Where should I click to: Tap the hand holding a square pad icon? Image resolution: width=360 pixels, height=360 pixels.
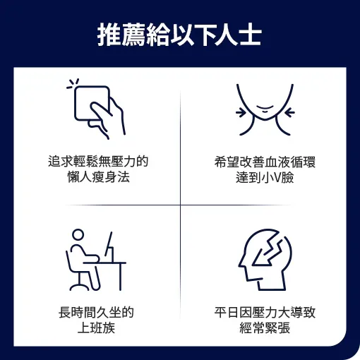(x=96, y=109)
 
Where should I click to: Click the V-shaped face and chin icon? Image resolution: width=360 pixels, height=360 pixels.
(x=265, y=109)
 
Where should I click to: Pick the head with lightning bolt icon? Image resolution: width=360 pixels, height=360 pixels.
(x=265, y=260)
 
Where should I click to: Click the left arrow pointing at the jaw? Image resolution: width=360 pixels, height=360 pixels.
(x=241, y=112)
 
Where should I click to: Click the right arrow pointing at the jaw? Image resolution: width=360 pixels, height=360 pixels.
(x=290, y=112)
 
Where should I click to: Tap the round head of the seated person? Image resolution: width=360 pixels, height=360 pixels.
(x=78, y=235)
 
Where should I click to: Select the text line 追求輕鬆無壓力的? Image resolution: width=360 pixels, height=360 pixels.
(x=98, y=162)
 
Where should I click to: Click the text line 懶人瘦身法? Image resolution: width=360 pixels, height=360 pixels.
(x=98, y=177)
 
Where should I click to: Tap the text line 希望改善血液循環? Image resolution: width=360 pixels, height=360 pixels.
(x=265, y=162)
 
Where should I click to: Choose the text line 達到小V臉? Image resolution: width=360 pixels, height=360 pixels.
(x=265, y=177)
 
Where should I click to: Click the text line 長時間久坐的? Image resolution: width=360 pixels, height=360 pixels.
(x=96, y=313)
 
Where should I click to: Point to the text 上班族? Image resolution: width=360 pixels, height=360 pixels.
(x=96, y=328)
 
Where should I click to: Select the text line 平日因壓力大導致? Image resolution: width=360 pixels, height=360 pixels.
(x=265, y=313)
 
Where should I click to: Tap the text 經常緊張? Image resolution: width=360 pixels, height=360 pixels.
(x=265, y=328)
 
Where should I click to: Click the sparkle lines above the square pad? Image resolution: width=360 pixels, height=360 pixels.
(x=73, y=84)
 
